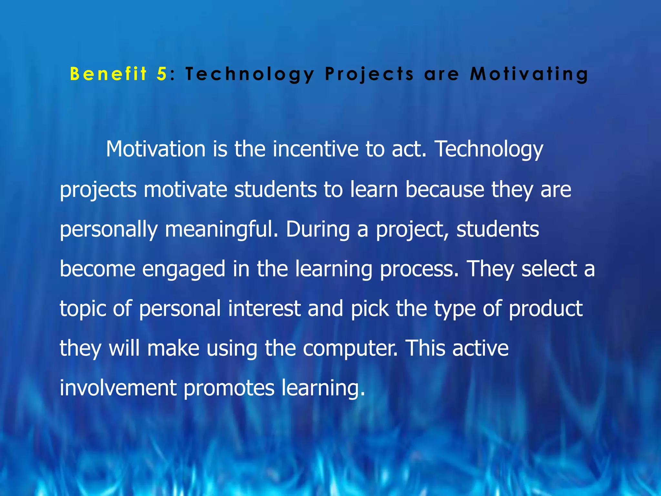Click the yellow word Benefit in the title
(x=108, y=74)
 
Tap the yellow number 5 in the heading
(x=161, y=74)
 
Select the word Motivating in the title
(x=529, y=74)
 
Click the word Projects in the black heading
(x=369, y=74)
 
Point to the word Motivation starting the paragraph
(x=156, y=149)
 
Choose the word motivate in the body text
(x=185, y=189)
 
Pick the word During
(x=318, y=229)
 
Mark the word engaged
(x=183, y=269)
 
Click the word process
(x=419, y=269)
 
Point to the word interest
(x=264, y=308)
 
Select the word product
(x=545, y=308)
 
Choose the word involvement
(x=118, y=388)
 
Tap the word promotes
(x=229, y=388)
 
